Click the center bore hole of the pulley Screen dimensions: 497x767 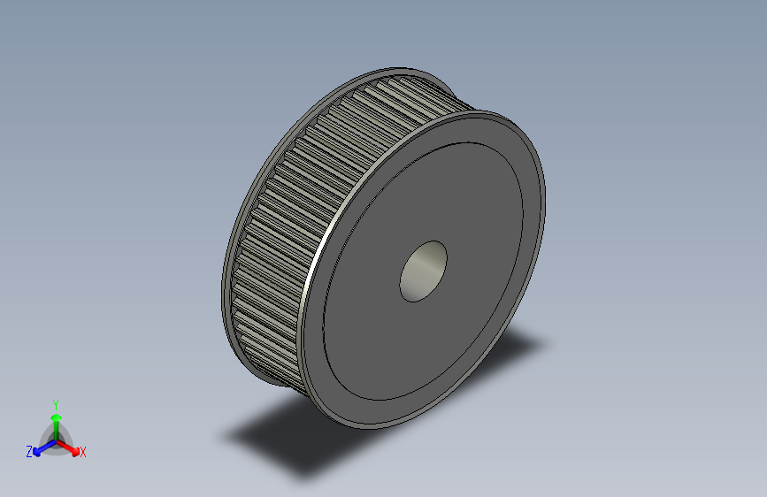tap(423, 271)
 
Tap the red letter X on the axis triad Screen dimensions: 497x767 tap(83, 453)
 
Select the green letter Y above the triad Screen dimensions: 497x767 tap(55, 403)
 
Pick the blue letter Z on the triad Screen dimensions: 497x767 tap(29, 452)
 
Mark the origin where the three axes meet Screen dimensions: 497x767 tap(56, 439)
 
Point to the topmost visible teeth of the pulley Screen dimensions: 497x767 tap(398, 88)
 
